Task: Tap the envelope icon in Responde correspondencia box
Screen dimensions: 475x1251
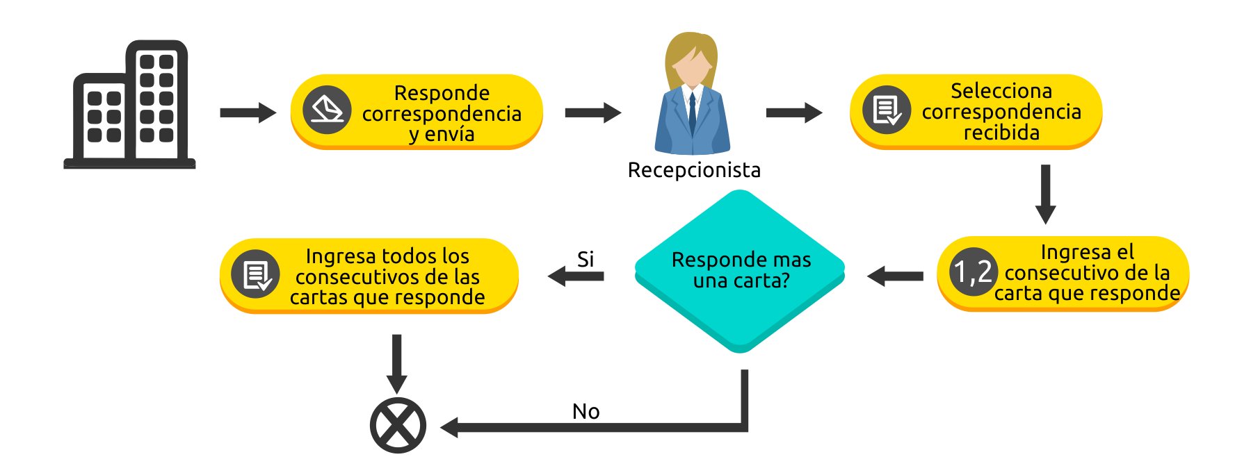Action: coord(327,110)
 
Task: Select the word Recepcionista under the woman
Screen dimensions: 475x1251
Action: coord(693,170)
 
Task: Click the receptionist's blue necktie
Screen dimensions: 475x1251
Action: coord(693,115)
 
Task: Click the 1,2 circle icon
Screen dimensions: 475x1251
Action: coord(973,272)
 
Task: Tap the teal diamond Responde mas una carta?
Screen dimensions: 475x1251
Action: coord(741,271)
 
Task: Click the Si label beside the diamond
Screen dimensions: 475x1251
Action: coord(586,259)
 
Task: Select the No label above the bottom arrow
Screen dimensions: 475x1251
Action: coord(586,412)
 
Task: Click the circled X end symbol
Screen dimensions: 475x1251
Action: coord(398,425)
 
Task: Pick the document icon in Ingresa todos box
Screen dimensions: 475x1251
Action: coord(257,274)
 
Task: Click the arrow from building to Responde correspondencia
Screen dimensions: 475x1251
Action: coord(248,112)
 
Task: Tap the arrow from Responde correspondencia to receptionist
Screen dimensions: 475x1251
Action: coord(592,112)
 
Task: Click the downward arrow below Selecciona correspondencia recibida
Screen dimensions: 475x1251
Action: coord(1045,194)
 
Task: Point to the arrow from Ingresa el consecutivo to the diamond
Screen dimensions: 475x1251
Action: coord(895,276)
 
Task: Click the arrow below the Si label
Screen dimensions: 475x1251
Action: coord(576,276)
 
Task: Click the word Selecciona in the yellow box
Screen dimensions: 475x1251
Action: coord(1001,91)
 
